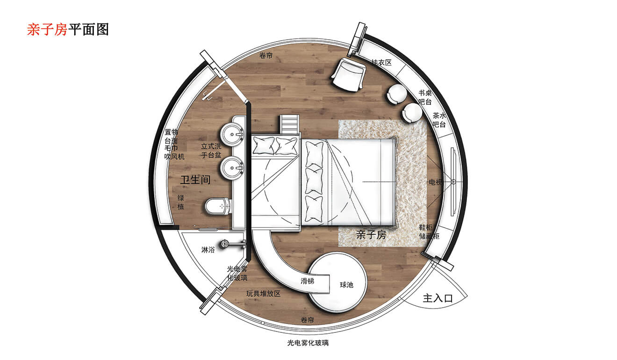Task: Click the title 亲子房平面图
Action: [x=68, y=29]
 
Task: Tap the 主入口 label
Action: [x=438, y=298]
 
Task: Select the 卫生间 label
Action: [x=195, y=179]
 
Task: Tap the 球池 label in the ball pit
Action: [x=346, y=284]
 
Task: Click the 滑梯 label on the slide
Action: [x=307, y=281]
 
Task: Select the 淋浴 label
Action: [x=208, y=250]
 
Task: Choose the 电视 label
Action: [x=435, y=182]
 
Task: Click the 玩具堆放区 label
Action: [x=264, y=294]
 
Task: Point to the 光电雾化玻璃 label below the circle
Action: [x=308, y=343]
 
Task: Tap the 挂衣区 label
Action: [x=381, y=62]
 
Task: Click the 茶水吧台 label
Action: [x=439, y=120]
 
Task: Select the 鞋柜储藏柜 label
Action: [x=429, y=232]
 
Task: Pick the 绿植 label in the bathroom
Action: [x=181, y=202]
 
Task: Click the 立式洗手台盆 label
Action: [x=211, y=151]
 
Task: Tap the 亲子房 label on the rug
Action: [x=371, y=235]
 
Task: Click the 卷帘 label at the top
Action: [x=266, y=56]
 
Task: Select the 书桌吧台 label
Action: [x=424, y=97]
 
